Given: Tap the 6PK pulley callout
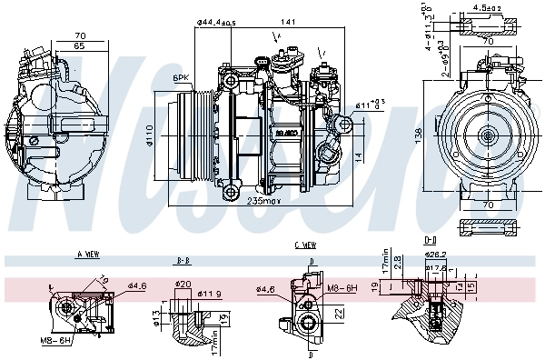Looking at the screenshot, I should point(181,79).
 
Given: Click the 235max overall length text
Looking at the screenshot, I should point(265,202).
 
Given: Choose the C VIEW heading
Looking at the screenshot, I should point(305,246).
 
